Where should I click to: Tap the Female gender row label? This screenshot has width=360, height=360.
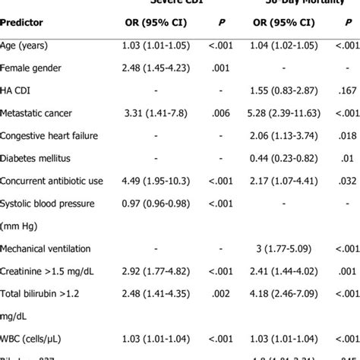coord(35,68)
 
